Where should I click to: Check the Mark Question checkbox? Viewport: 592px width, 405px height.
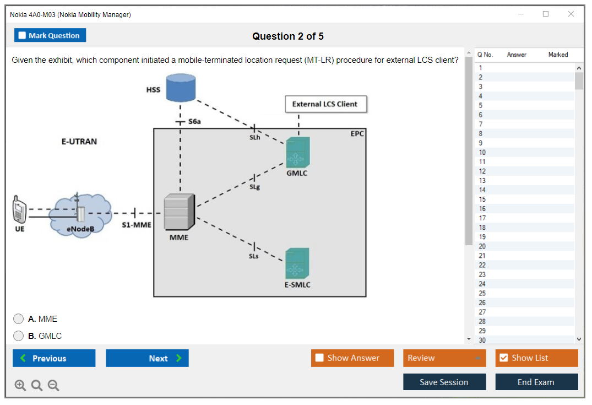23,36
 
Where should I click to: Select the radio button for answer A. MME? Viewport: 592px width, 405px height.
19,319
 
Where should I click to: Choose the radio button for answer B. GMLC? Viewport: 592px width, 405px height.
19,336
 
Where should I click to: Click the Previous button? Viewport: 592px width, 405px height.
54,358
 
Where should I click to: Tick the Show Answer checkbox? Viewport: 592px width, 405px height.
320,358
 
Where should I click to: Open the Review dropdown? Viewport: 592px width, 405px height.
444,358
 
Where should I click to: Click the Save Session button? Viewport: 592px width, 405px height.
444,382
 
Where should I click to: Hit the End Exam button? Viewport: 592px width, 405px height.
536,382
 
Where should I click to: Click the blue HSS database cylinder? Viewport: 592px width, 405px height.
181,87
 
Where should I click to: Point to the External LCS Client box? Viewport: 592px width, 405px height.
325,104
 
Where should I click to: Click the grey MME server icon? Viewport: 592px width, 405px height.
179,212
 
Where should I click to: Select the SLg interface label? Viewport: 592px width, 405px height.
254,187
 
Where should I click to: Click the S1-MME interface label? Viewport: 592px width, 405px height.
136,225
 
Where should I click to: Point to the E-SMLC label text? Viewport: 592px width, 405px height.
297,285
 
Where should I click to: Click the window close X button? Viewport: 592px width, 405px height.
571,14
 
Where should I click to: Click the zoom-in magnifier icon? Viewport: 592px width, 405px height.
20,386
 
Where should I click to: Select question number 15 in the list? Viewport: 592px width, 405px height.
482,199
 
